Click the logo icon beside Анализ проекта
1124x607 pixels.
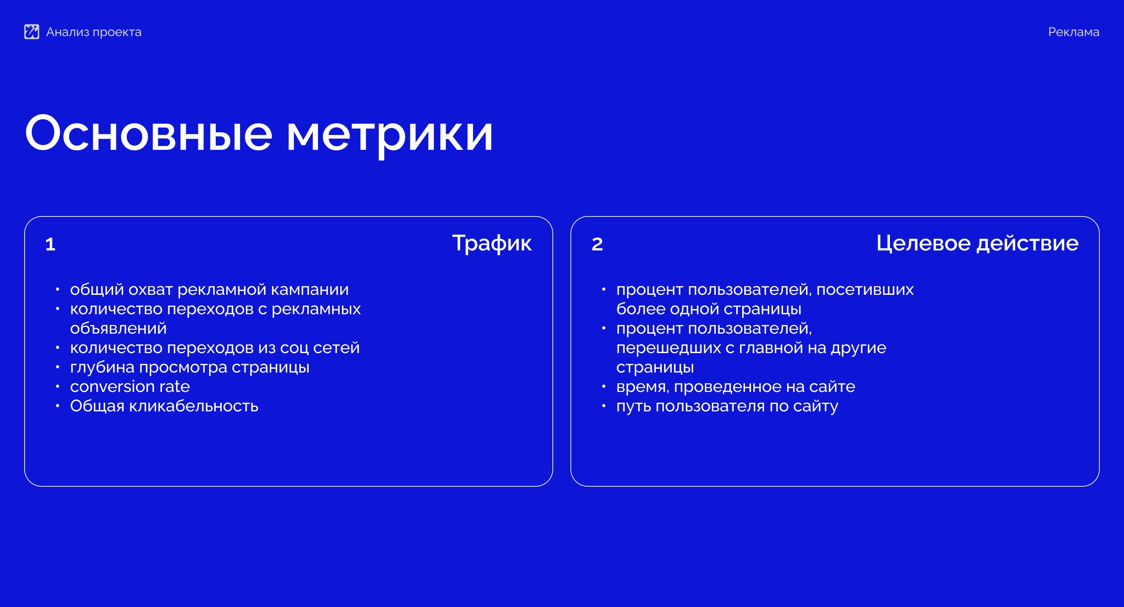(x=32, y=32)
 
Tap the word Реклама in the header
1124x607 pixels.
(x=1073, y=32)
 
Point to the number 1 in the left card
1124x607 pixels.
(x=50, y=244)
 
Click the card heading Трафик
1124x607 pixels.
(x=492, y=243)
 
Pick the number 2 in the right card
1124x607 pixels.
(x=597, y=244)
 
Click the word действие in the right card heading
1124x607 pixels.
(x=1027, y=243)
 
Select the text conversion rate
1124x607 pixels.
(x=130, y=387)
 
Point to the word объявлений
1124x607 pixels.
(x=118, y=328)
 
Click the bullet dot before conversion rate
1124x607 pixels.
(x=57, y=387)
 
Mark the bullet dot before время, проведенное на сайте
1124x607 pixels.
(x=603, y=387)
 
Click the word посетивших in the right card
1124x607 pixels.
(x=865, y=289)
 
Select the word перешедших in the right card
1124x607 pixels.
(x=668, y=348)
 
